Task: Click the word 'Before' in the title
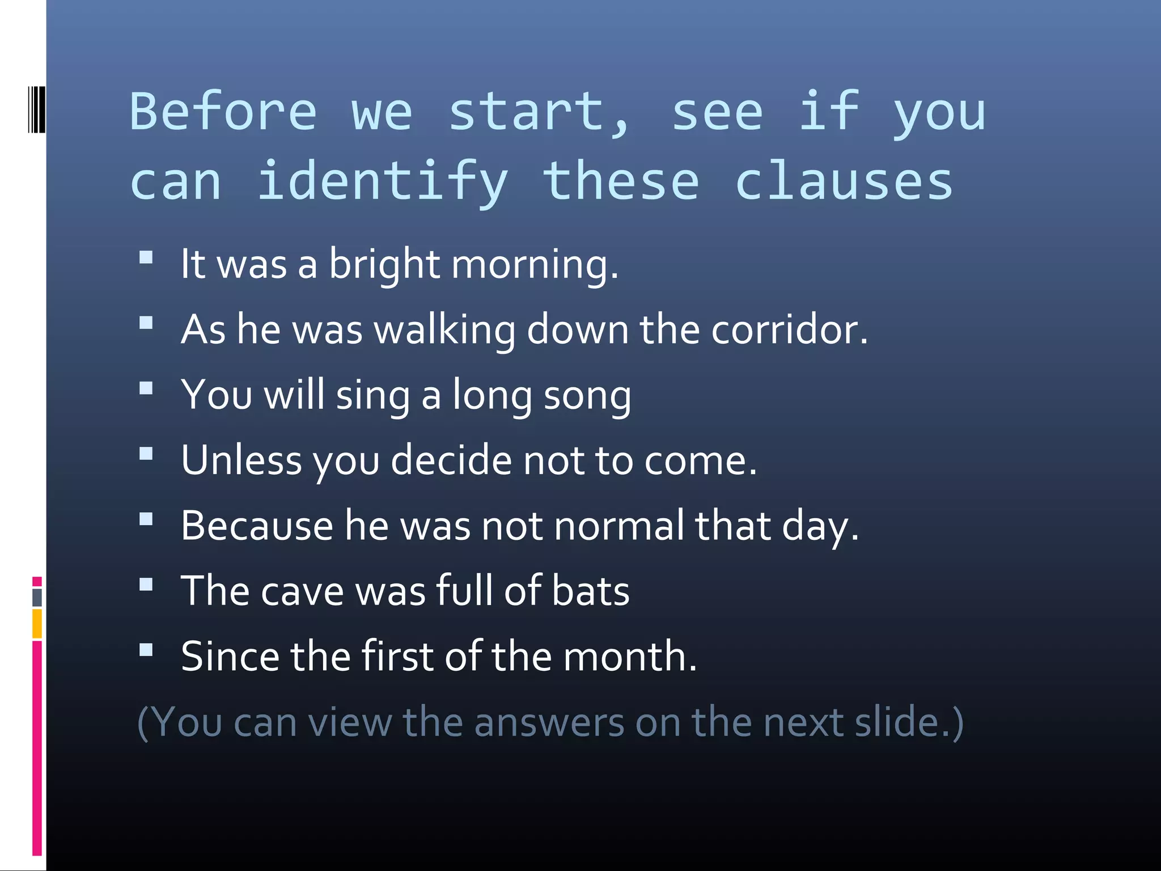223,112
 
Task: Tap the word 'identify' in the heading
383,181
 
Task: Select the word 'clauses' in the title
844,181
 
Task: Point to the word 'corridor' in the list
789,330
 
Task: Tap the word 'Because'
257,526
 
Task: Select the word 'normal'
619,526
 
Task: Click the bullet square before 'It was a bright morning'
146,258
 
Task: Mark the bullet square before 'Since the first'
146,650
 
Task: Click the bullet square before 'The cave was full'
146,585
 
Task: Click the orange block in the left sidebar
37,623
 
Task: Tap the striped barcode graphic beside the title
36,109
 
